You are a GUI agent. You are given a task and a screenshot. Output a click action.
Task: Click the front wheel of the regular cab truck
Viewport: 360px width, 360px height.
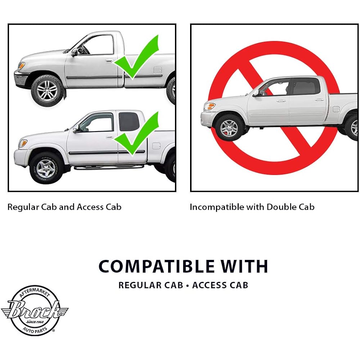pyautogui.click(x=47, y=90)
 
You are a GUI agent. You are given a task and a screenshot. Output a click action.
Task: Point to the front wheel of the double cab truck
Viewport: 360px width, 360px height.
pyautogui.click(x=229, y=127)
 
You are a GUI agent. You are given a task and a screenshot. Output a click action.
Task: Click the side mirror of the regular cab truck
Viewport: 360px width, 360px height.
pyautogui.click(x=74, y=52)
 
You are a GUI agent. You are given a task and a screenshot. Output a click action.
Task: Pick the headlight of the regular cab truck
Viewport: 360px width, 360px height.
pyautogui.click(x=21, y=65)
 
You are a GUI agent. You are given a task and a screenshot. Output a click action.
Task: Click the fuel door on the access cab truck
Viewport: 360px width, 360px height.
pyautogui.click(x=156, y=146)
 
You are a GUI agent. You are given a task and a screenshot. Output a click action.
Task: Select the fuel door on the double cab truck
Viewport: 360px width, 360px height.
pyautogui.click(x=336, y=109)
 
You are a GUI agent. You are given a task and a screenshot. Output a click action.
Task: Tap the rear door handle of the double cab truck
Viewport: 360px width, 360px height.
pyautogui.click(x=319, y=100)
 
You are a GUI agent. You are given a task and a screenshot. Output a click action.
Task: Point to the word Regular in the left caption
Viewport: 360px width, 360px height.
pyautogui.click(x=23, y=207)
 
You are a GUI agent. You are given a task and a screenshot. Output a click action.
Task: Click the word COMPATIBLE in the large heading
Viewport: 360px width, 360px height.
pyautogui.click(x=156, y=266)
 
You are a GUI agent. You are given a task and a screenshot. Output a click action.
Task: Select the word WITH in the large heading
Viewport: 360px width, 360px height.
pyautogui.click(x=244, y=266)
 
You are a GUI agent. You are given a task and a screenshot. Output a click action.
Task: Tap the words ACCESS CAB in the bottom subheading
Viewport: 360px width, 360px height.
pyautogui.click(x=220, y=285)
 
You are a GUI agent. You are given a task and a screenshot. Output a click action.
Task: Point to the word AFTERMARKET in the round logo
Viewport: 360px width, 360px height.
pyautogui.click(x=35, y=293)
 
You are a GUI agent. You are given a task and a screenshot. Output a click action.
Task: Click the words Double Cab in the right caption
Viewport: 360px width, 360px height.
pyautogui.click(x=291, y=207)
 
